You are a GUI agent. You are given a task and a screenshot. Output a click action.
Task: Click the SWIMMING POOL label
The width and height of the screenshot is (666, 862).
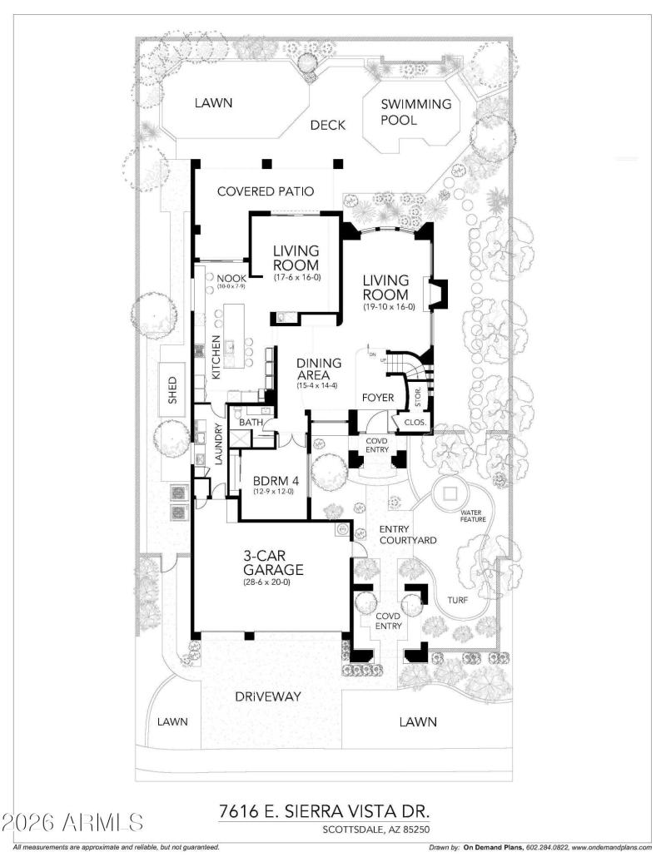pos(415,112)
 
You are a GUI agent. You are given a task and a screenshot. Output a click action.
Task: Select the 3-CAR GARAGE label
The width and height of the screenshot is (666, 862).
pos(272,563)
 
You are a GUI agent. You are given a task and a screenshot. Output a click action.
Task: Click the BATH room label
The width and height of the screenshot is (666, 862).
pos(251,423)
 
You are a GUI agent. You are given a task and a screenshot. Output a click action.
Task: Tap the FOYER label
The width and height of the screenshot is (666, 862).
pos(377,398)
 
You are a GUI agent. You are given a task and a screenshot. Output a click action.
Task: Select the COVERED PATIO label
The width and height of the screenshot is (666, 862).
pos(265,191)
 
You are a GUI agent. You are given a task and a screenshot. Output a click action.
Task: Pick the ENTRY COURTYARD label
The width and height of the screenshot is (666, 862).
pos(407,535)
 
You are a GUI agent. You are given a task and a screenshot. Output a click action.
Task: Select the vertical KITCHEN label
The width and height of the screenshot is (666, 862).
pos(216,358)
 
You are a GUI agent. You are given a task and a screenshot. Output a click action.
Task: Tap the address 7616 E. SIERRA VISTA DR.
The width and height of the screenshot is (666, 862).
pos(326,811)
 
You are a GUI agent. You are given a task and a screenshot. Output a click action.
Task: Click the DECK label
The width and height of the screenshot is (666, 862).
pos(327,126)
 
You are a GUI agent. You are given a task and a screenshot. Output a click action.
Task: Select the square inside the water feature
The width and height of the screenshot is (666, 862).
pos(452,493)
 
